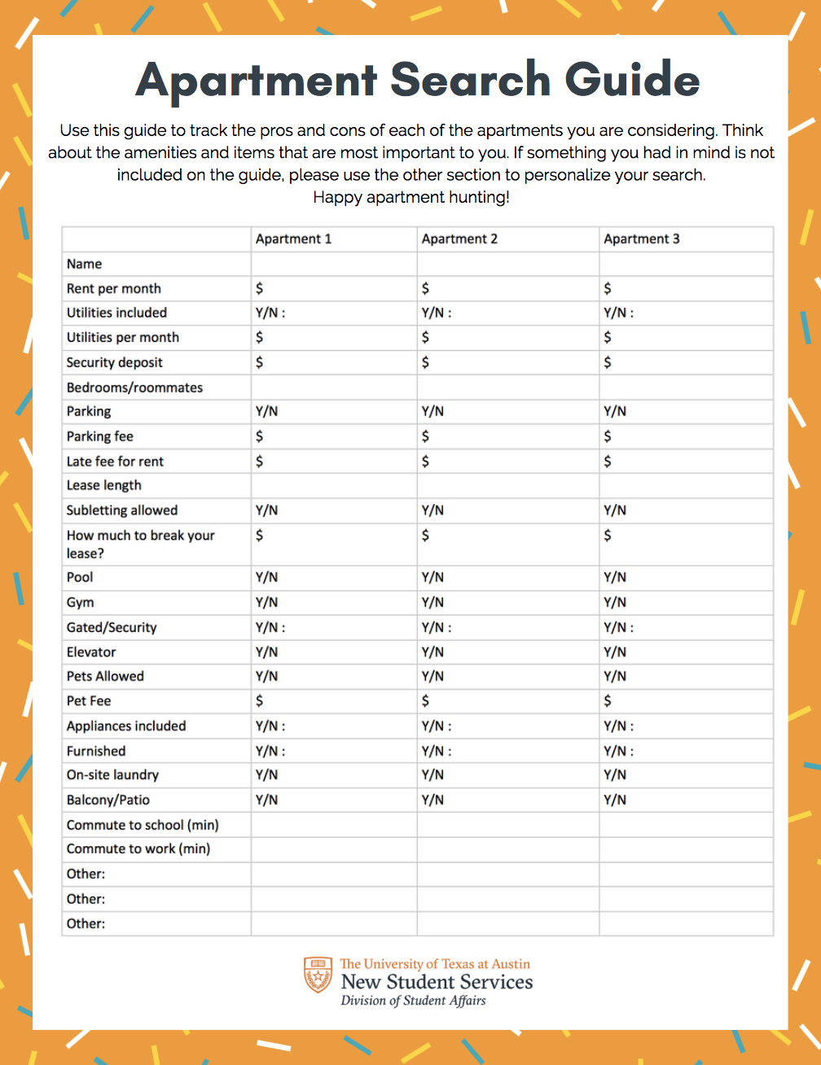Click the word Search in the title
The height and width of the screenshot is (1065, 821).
(470, 79)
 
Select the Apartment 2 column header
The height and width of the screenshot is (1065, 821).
(459, 239)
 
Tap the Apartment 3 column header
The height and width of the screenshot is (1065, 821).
(641, 239)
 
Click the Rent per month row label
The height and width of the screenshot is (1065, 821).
(114, 288)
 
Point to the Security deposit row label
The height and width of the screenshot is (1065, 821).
(115, 362)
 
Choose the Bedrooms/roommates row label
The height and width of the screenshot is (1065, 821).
(134, 388)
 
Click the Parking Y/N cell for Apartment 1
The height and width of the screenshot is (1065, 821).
(266, 411)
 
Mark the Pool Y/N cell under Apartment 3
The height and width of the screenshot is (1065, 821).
(615, 577)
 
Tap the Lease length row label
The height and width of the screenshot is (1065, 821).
(104, 485)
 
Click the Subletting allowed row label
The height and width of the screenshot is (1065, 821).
(122, 511)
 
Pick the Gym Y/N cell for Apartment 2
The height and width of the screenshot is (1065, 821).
(432, 603)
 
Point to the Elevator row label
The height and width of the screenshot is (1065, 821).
(91, 652)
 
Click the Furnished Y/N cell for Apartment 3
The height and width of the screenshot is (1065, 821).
(618, 751)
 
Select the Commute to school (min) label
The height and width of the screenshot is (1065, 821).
(143, 825)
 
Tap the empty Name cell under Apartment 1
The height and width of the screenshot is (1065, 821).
(334, 264)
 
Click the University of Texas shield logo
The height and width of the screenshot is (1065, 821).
(318, 975)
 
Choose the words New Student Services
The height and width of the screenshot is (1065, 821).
(437, 982)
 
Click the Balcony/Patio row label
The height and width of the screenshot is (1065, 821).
(108, 800)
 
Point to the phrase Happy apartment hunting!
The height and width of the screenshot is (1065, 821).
(411, 197)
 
